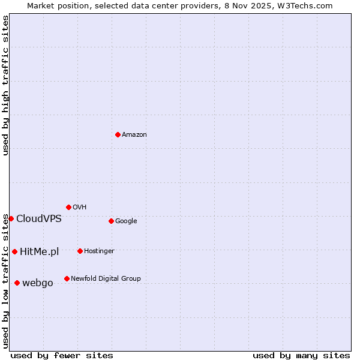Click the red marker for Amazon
(118, 134)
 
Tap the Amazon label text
(134, 135)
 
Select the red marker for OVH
(68, 207)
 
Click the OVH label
(80, 208)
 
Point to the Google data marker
(111, 221)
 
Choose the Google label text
(126, 221)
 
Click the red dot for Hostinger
(80, 251)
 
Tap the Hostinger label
(99, 251)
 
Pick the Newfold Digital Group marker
(67, 278)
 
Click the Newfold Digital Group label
(106, 279)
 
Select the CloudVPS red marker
(11, 218)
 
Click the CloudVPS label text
(39, 219)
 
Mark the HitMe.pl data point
(14, 251)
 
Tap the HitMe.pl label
(40, 252)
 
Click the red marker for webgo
(17, 283)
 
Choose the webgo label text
(38, 283)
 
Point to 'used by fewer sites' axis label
(62, 356)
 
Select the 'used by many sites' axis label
(301, 356)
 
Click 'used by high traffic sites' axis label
(6, 85)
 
